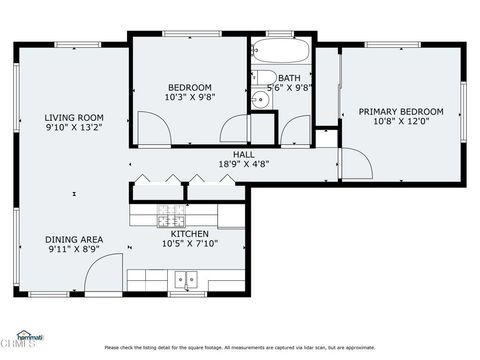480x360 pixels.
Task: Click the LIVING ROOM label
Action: tap(74, 117)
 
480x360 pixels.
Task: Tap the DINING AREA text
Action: tap(74, 239)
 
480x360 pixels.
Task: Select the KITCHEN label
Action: tap(189, 234)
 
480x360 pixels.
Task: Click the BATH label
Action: tap(289, 78)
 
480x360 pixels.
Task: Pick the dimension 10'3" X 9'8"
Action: tap(189, 98)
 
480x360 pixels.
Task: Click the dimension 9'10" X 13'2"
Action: tap(74, 127)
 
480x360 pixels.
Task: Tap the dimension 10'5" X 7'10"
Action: tap(189, 244)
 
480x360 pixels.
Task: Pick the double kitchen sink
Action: tap(186, 279)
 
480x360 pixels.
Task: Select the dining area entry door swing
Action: tap(108, 272)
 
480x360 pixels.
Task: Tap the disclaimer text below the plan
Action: tap(240, 348)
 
